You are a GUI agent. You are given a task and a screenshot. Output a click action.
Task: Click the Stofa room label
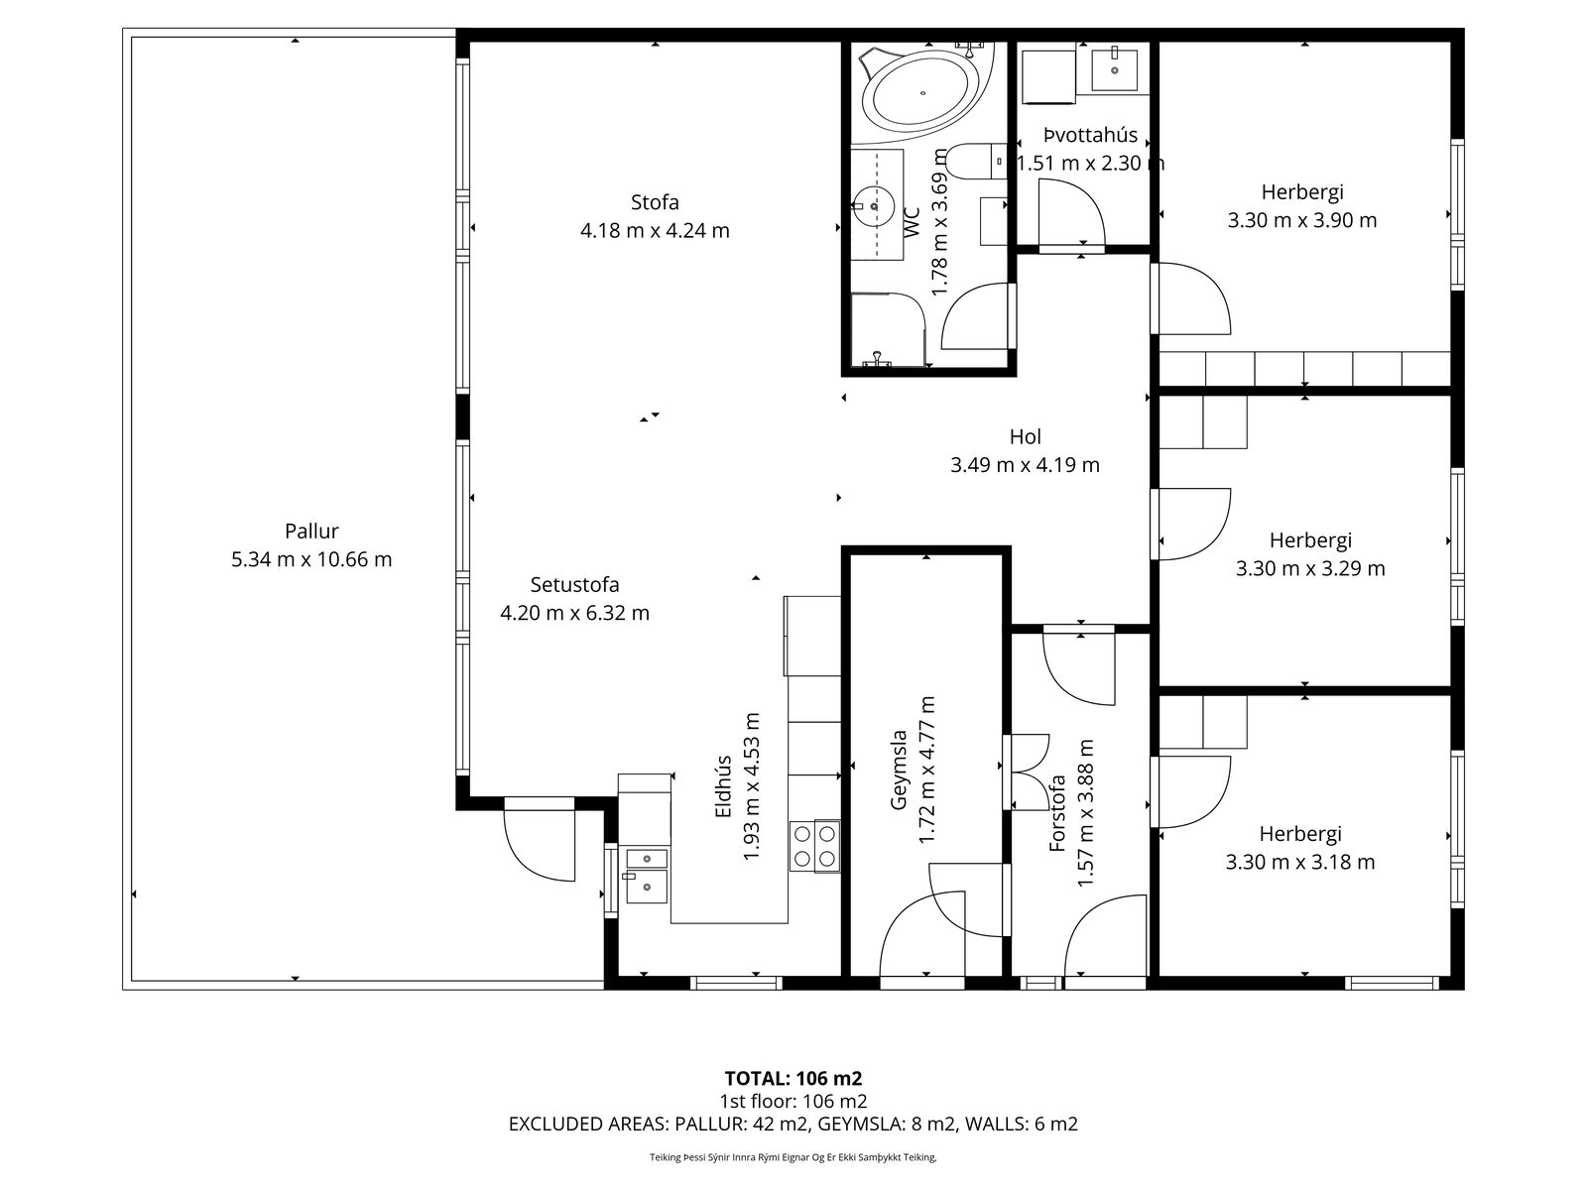tap(655, 202)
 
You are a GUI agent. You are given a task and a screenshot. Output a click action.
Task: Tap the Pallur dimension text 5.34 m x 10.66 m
tap(311, 559)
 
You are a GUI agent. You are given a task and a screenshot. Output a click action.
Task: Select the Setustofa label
tap(574, 584)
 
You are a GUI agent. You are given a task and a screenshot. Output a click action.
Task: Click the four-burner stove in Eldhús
tap(815, 846)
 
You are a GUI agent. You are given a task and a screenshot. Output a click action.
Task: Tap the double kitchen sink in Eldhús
tap(647, 876)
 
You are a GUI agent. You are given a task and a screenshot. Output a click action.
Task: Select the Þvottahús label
tap(1090, 135)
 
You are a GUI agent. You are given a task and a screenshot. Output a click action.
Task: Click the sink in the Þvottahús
tap(1114, 68)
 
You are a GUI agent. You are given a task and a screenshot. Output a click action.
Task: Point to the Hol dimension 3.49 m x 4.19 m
tap(1025, 464)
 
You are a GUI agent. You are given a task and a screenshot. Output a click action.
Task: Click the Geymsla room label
tap(899, 770)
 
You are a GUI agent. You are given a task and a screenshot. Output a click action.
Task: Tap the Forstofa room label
tap(1057, 813)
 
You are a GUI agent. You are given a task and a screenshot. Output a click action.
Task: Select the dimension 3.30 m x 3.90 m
tap(1301, 220)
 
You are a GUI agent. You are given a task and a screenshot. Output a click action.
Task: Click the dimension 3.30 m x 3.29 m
tap(1310, 568)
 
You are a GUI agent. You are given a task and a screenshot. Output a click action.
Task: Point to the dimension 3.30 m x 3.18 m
tap(1300, 862)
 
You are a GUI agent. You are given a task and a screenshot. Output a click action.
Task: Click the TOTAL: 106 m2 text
tap(793, 1079)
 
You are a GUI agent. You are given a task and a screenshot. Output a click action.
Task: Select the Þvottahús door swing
tap(1071, 212)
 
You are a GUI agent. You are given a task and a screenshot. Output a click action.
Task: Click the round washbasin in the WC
tap(874, 206)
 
